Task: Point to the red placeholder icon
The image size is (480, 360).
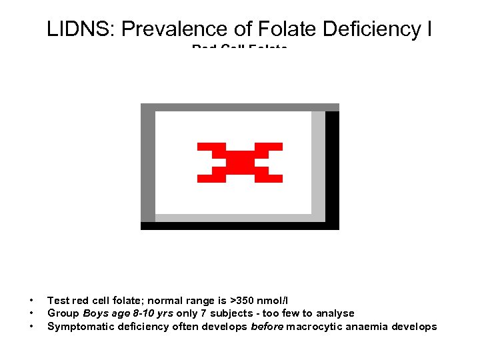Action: coord(240,162)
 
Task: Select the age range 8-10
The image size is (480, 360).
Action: coord(141,313)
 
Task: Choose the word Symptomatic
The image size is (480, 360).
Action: coord(77,327)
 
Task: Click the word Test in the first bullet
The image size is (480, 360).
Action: coord(57,300)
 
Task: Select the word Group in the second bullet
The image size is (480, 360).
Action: coord(63,313)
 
